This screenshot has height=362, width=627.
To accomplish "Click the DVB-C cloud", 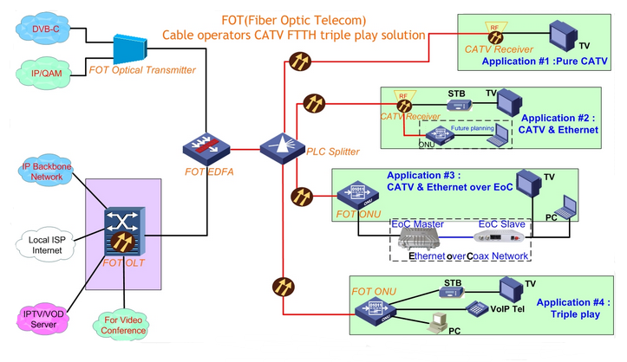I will pos(44,30).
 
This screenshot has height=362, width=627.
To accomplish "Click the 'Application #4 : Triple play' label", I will pos(571,309).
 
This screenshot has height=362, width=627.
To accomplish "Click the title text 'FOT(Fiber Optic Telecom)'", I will pos(294,20).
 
